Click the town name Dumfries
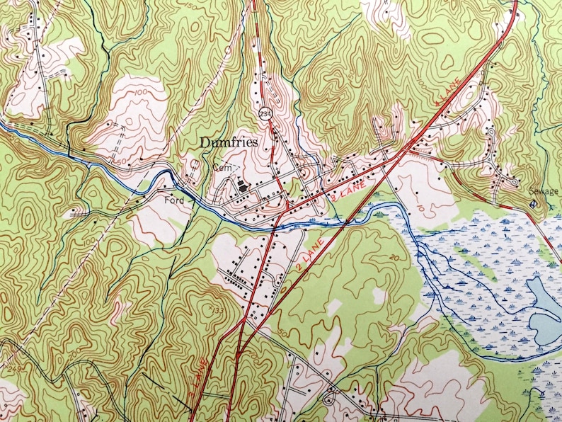tap(228, 143)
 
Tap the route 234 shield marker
tap(264, 113)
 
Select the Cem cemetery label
tap(219, 168)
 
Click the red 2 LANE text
tap(311, 258)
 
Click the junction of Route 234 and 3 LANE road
tap(285, 210)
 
